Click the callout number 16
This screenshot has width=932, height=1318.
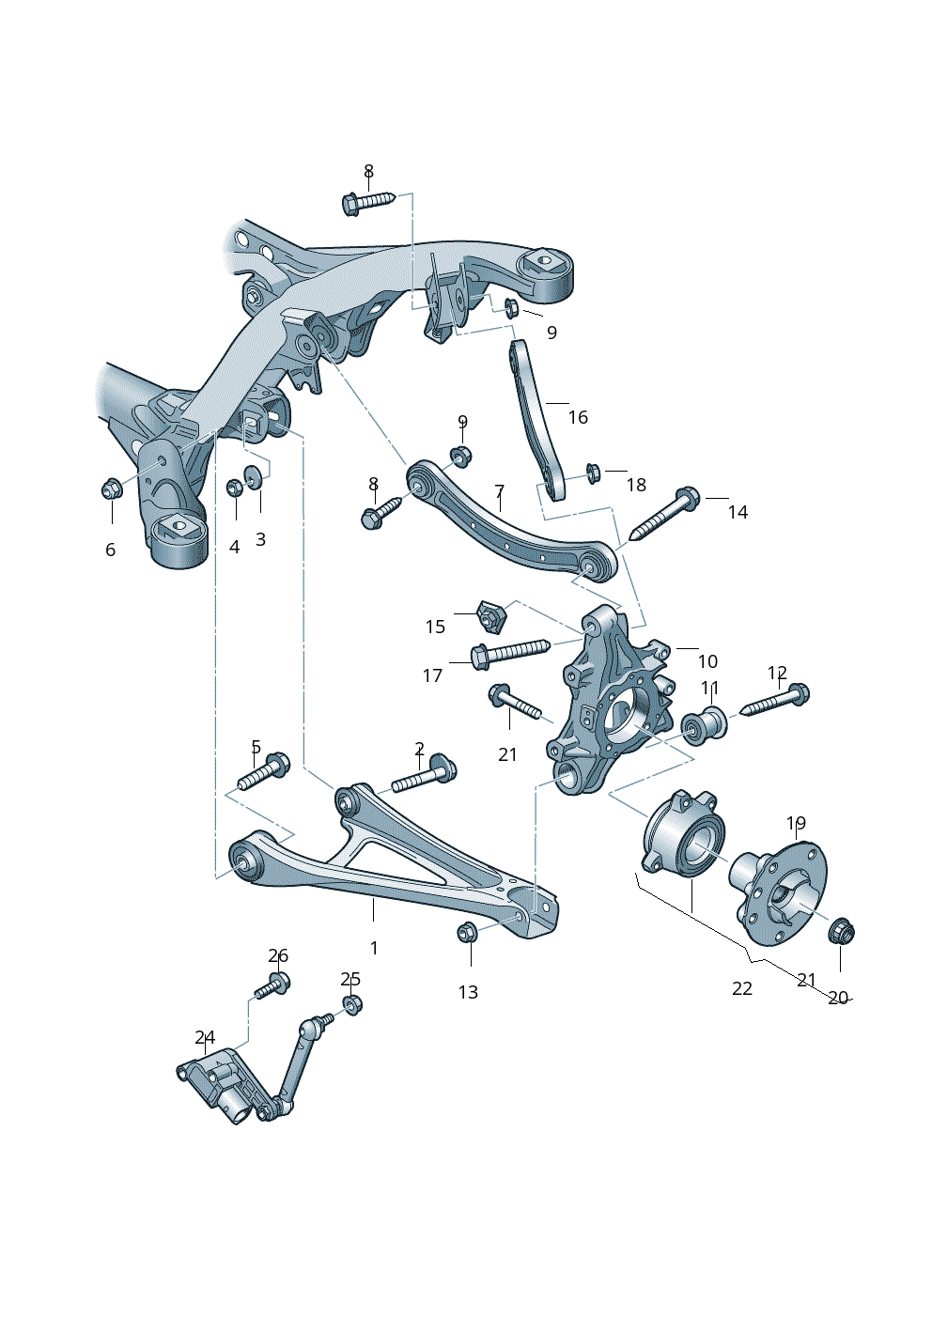(x=578, y=417)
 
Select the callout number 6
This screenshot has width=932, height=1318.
(x=110, y=550)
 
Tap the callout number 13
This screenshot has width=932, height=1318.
(x=468, y=992)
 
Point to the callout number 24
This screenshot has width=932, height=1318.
(x=205, y=1037)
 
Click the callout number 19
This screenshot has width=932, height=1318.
(x=796, y=824)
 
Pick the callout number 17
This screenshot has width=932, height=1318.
(x=432, y=675)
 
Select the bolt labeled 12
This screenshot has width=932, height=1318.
(x=775, y=702)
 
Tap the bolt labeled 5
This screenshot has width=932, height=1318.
(x=263, y=772)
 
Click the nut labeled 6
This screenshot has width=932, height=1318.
(x=112, y=488)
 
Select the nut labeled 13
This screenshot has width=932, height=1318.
(x=468, y=933)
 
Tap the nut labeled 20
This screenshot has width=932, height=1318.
(x=841, y=932)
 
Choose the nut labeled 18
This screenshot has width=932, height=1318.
(x=593, y=471)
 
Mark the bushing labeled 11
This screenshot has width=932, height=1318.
(x=704, y=725)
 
